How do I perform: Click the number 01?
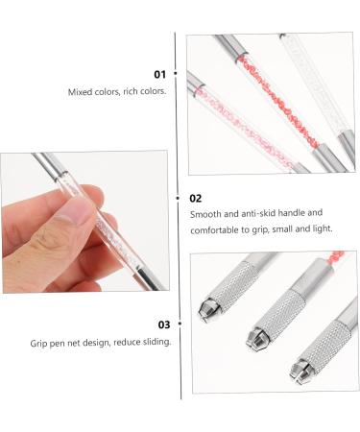pyautogui.click(x=158, y=74)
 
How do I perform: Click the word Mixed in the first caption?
pyautogui.click(x=80, y=92)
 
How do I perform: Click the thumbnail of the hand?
pyautogui.click(x=84, y=221)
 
